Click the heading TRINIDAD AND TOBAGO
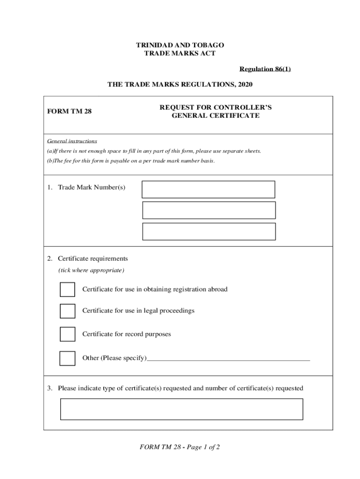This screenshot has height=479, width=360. click(x=180, y=45)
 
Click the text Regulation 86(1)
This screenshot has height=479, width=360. click(x=265, y=69)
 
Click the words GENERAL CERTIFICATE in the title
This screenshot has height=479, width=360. click(x=216, y=116)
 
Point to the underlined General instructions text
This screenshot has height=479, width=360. click(x=72, y=141)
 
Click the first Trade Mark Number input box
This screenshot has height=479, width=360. click(x=209, y=189)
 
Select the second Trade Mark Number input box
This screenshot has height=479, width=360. click(x=209, y=210)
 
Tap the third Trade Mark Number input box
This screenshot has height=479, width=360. click(x=209, y=232)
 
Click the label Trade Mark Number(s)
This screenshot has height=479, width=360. click(x=91, y=187)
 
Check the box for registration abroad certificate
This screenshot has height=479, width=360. click(x=67, y=290)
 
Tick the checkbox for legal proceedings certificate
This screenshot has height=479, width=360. click(x=67, y=311)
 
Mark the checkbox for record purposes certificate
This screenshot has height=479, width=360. click(x=67, y=334)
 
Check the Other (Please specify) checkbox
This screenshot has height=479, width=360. click(x=67, y=358)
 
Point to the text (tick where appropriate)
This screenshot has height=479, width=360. click(x=91, y=270)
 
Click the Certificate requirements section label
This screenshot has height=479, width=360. click(x=93, y=259)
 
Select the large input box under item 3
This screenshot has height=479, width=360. click(x=181, y=409)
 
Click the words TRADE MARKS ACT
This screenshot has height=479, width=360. click(x=180, y=53)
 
